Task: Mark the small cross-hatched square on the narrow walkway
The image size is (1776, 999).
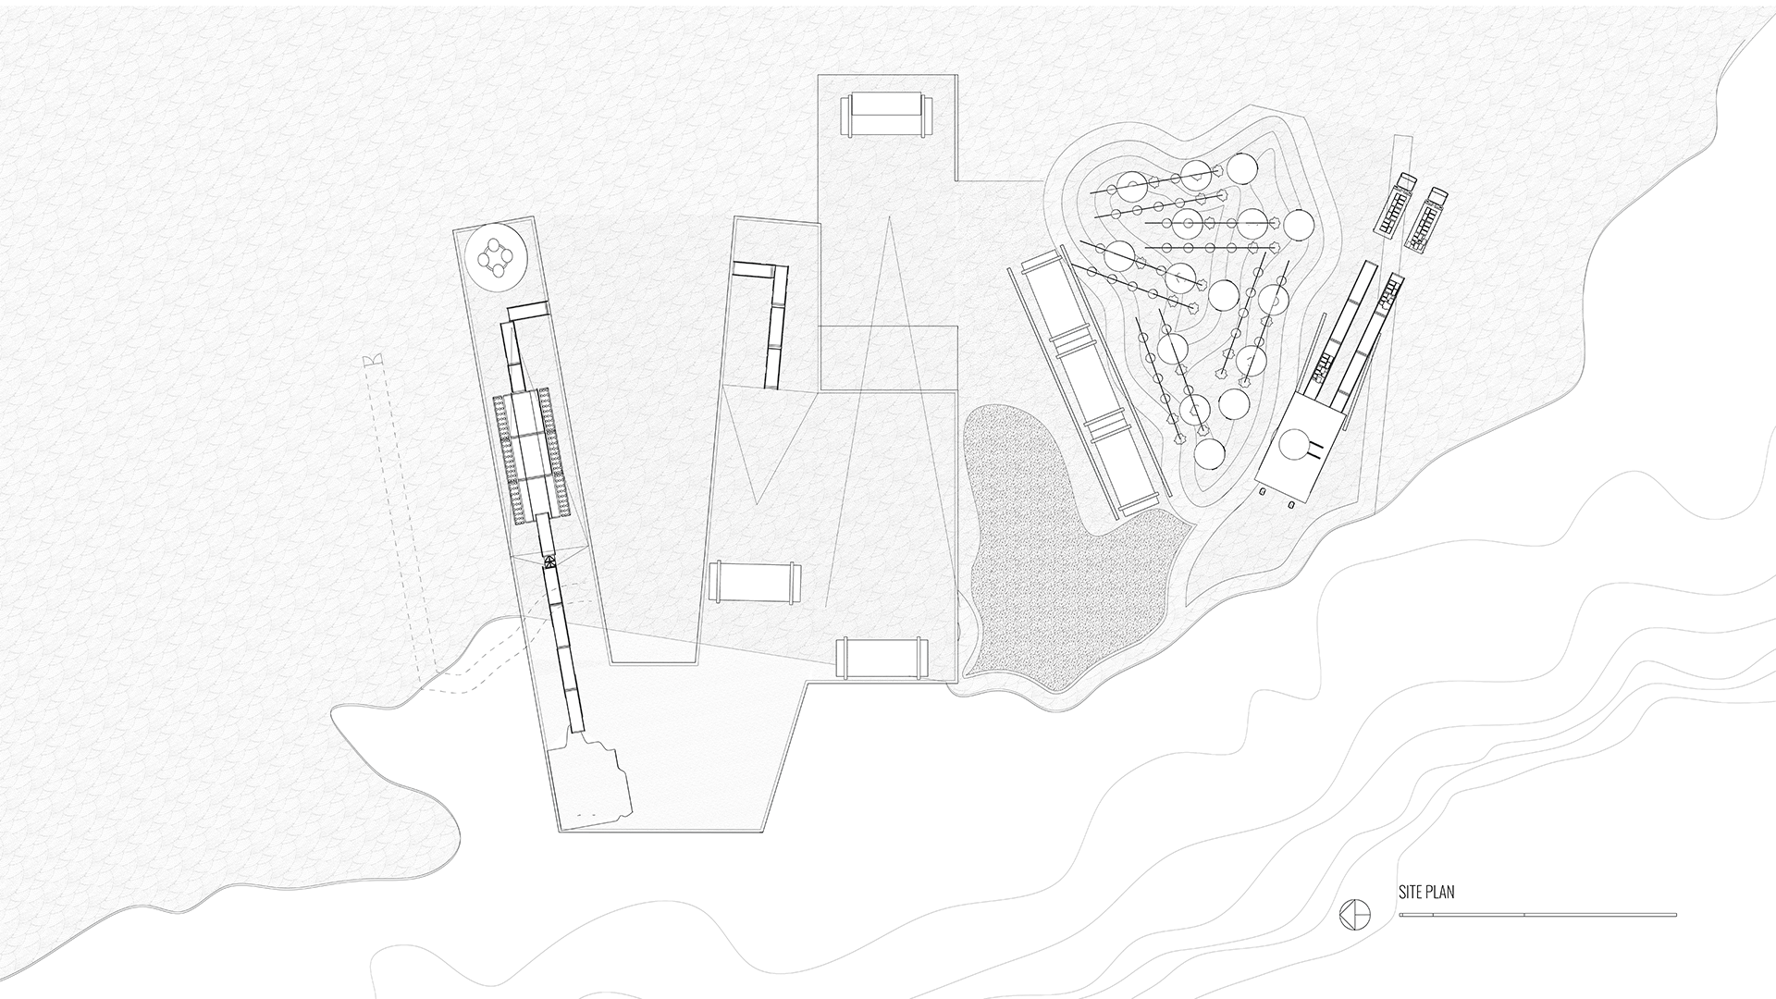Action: click(549, 561)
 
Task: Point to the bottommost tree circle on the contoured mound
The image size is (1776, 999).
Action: click(1208, 453)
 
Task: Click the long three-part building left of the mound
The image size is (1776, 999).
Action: click(1086, 379)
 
